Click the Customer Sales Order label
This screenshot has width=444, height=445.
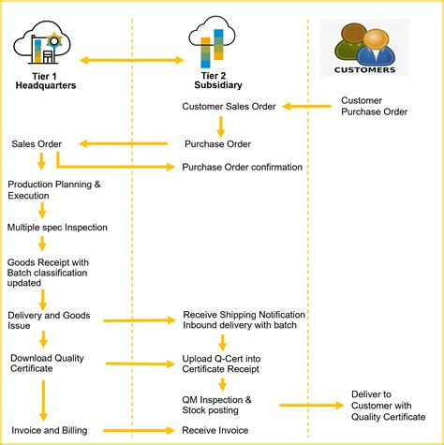(x=229, y=106)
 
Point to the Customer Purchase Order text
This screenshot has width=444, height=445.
(x=374, y=106)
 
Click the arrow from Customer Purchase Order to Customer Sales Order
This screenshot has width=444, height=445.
(x=308, y=106)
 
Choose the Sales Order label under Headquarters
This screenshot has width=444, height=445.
(x=37, y=143)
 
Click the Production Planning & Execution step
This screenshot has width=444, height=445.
(x=53, y=190)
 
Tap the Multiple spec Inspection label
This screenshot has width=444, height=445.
(x=57, y=227)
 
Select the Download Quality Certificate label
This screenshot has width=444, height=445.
(x=45, y=363)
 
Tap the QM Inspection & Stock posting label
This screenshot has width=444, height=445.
(x=217, y=405)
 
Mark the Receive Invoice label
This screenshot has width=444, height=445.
(x=217, y=430)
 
